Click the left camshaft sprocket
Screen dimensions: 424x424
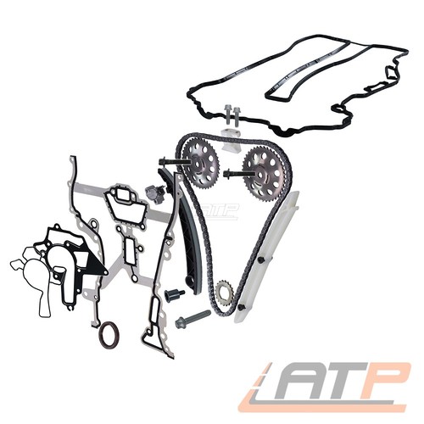200,164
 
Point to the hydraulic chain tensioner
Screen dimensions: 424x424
155,193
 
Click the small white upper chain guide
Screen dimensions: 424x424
230,139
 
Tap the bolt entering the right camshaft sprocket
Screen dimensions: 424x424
237,172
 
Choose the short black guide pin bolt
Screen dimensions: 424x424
174,294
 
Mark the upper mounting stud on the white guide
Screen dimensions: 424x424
262,259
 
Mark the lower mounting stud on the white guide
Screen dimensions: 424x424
243,307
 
